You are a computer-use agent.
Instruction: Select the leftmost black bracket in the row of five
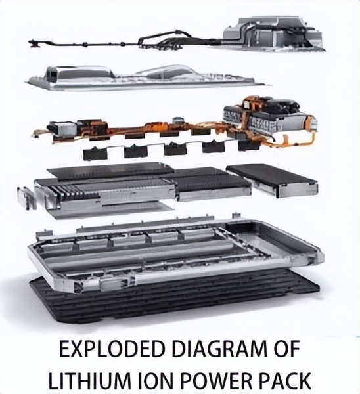point(95,153)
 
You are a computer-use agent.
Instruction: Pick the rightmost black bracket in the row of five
point(250,146)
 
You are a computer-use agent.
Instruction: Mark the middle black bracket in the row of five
point(175,149)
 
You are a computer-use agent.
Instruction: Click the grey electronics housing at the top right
point(274,33)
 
